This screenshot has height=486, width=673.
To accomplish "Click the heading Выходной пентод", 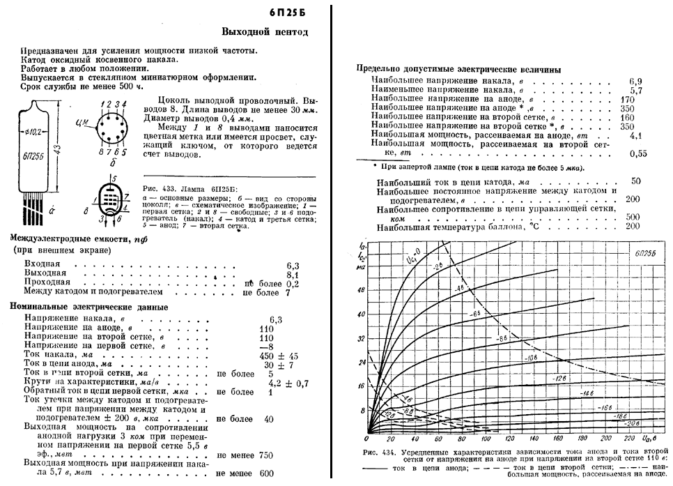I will click(x=264, y=32).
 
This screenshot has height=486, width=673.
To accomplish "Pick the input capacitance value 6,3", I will click(x=293, y=266).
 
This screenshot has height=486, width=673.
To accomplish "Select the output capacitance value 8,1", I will click(x=293, y=274).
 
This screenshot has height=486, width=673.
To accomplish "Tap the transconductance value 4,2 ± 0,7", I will click(x=288, y=383).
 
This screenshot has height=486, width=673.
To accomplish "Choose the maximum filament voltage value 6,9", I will click(x=636, y=82).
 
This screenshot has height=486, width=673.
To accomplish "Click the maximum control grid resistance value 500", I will click(x=633, y=217).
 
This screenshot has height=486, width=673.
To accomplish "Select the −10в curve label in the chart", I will click(x=530, y=358).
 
